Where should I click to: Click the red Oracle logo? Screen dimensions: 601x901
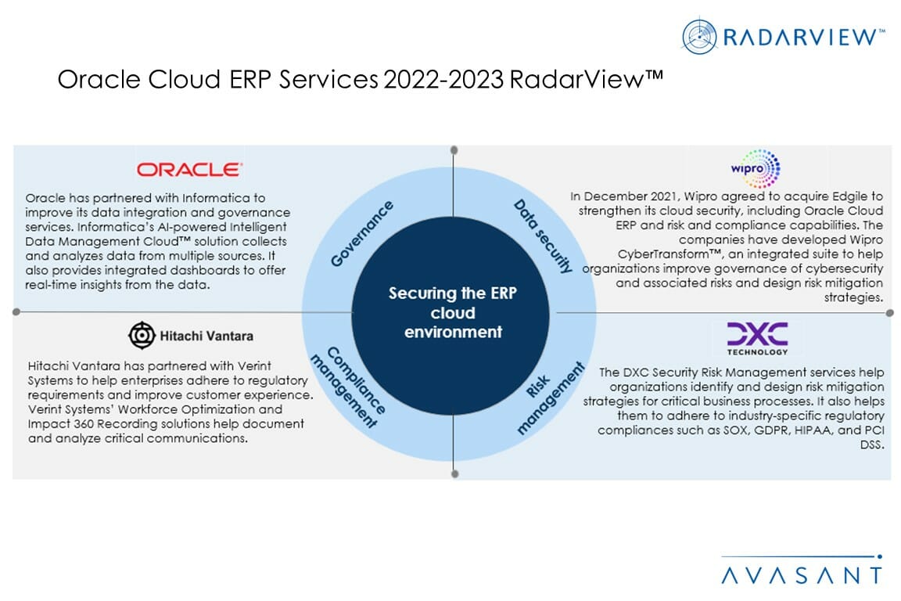[189, 169]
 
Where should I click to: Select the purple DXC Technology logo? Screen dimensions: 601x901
[756, 337]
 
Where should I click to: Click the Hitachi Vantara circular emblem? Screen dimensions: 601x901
[142, 335]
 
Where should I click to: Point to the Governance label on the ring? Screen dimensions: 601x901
[362, 233]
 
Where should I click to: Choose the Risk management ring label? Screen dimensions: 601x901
[551, 398]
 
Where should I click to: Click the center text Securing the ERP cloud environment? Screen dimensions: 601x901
[453, 312]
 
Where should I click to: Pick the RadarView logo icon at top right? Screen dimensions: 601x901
[699, 37]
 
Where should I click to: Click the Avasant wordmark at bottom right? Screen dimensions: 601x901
[801, 575]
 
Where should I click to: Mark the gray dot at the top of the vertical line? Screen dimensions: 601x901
[454, 149]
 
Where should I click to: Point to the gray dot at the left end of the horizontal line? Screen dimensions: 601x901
[16, 311]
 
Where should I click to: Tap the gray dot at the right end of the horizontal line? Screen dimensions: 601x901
[889, 312]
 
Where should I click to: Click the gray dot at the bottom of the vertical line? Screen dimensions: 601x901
[454, 473]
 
